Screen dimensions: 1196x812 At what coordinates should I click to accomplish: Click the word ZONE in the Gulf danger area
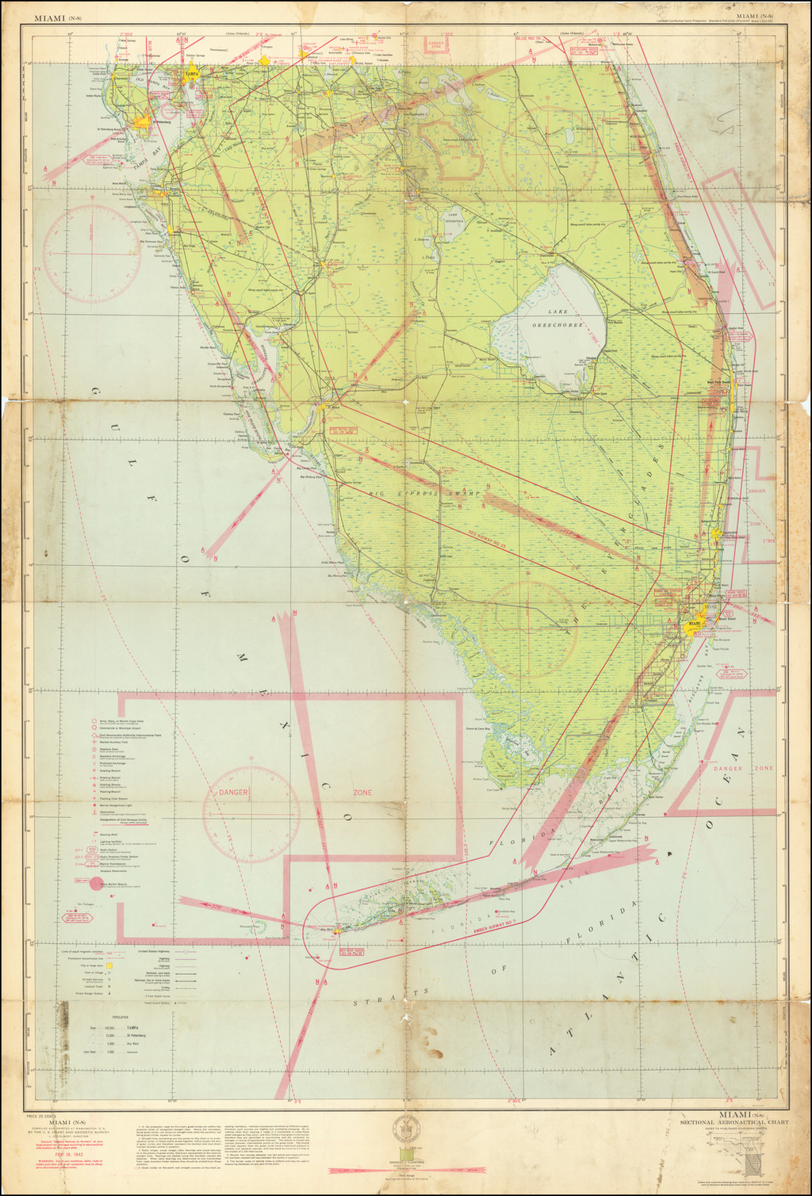point(362,792)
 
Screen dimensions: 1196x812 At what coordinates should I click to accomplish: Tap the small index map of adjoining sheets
point(753,1162)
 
